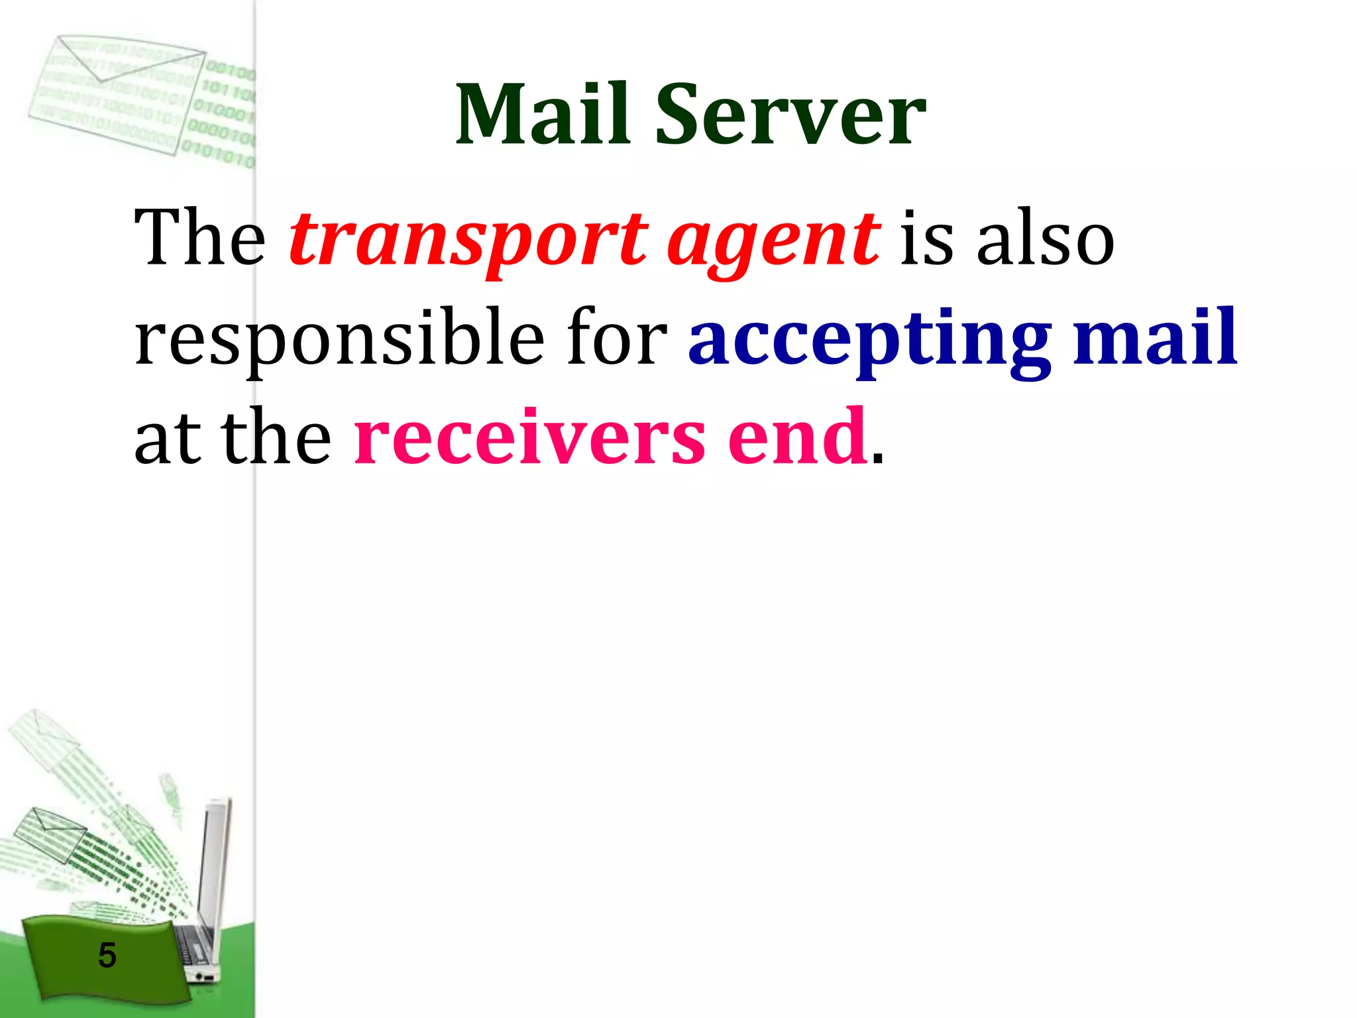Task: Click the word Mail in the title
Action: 542,114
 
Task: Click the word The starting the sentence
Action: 199,237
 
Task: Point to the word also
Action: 1045,237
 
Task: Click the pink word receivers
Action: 529,437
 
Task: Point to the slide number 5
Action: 107,955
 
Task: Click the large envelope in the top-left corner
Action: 119,93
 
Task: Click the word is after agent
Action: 926,237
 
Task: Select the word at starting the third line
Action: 167,437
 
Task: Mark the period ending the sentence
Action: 877,460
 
